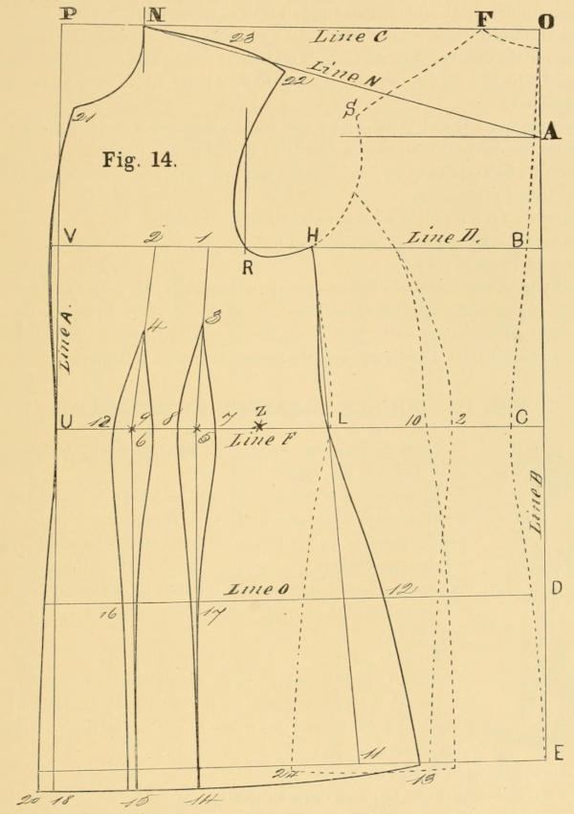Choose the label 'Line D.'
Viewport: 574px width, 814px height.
click(x=437, y=237)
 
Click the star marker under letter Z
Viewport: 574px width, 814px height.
click(x=259, y=425)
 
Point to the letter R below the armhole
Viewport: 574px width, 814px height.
click(x=247, y=267)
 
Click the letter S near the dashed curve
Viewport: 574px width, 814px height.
click(x=350, y=110)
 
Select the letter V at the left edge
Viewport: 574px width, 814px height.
click(x=69, y=237)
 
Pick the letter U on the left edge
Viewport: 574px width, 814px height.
click(x=66, y=421)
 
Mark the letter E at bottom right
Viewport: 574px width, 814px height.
click(x=559, y=756)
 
